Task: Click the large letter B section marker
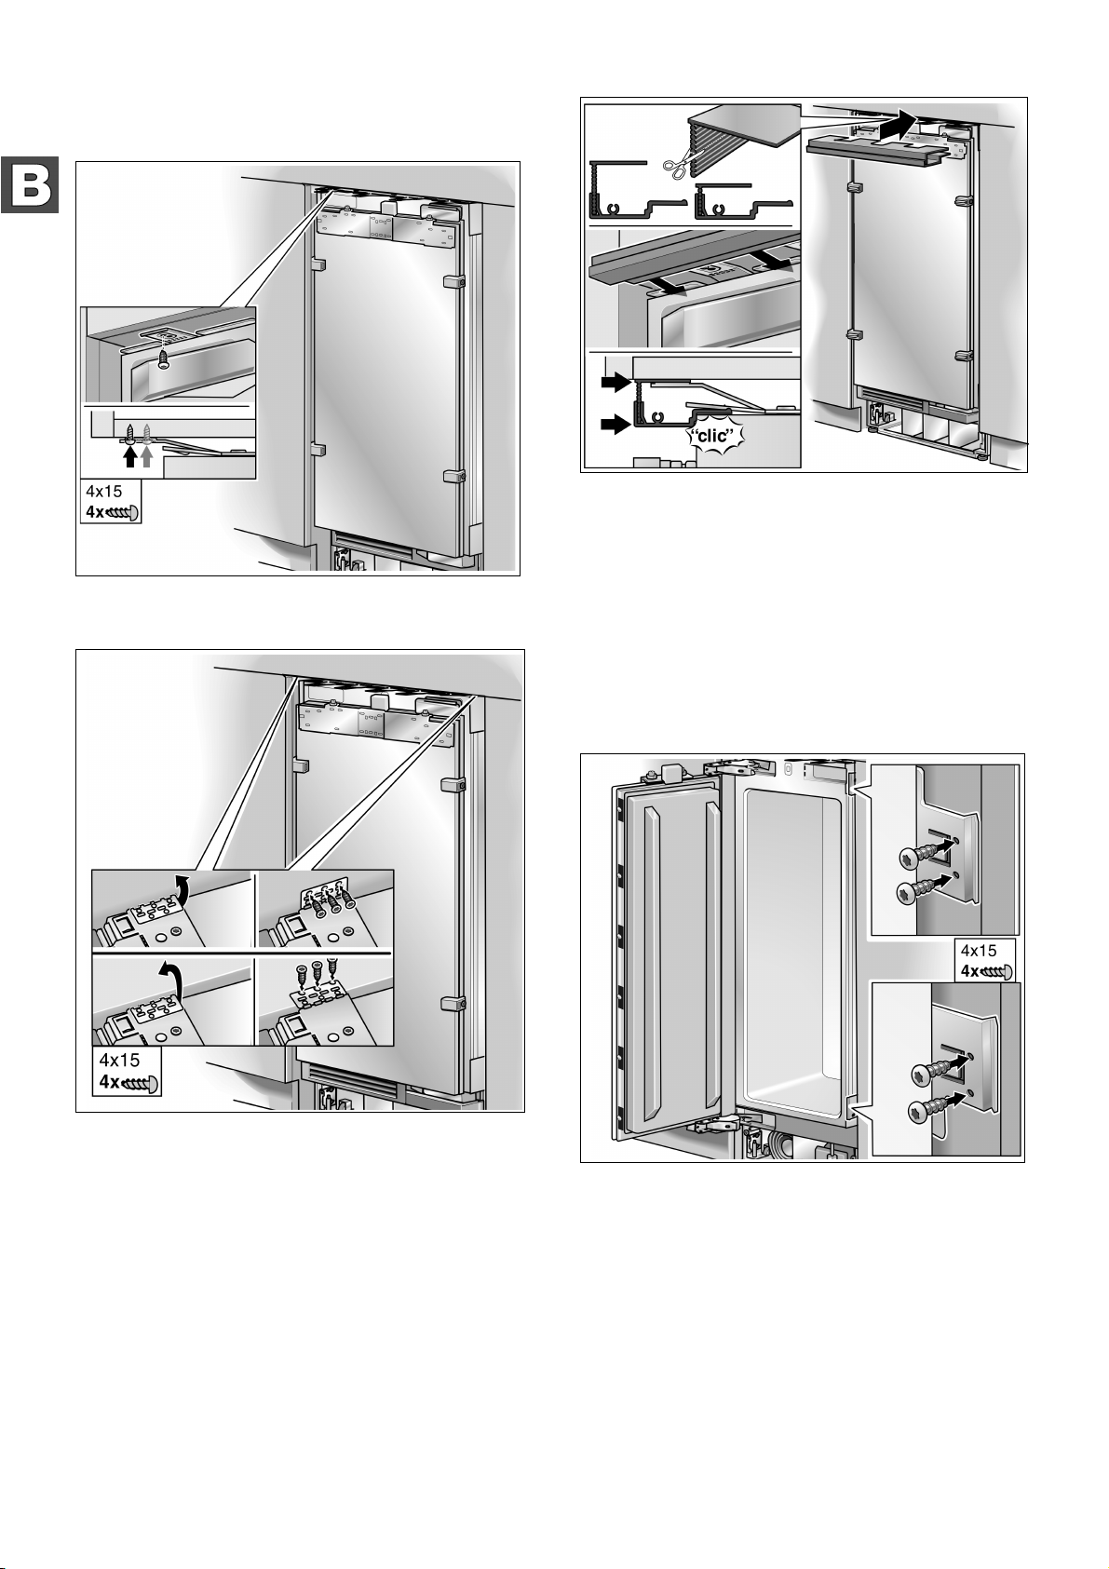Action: pos(30,185)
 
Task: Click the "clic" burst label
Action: pos(715,435)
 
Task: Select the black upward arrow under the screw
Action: pos(130,456)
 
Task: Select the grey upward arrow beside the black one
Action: pos(146,456)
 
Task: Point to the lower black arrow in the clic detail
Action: pos(615,424)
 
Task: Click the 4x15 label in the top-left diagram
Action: pos(103,492)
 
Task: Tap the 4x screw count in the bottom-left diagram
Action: pos(109,1082)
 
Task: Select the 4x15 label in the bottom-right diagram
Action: pos(979,952)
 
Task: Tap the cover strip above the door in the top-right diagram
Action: pos(883,152)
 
